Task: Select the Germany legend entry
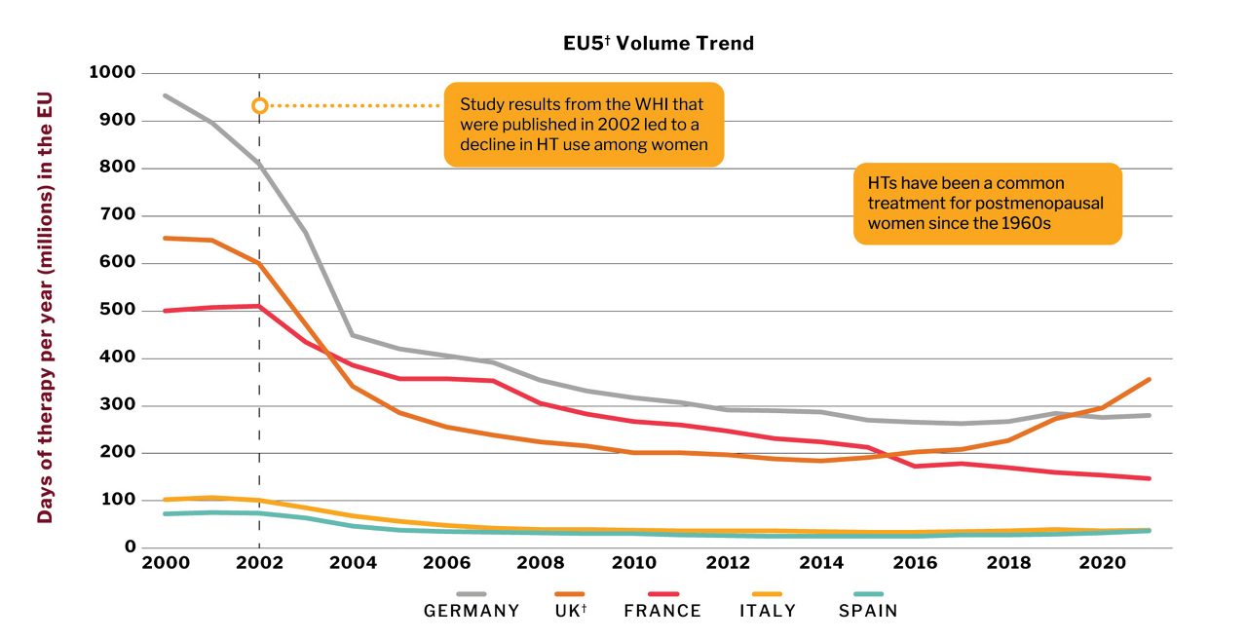pos(472,611)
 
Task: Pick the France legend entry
pos(662,611)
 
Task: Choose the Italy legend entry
pos(767,611)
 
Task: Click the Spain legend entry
pos(868,611)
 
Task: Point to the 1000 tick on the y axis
pos(112,73)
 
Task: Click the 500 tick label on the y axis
pos(117,311)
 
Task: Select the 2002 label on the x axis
pos(259,565)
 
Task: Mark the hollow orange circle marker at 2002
pos(259,105)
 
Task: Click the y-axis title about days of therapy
pos(45,309)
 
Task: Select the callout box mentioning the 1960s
pos(988,203)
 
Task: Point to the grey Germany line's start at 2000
pos(165,95)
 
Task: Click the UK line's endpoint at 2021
pos(1150,379)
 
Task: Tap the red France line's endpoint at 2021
pos(1150,478)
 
